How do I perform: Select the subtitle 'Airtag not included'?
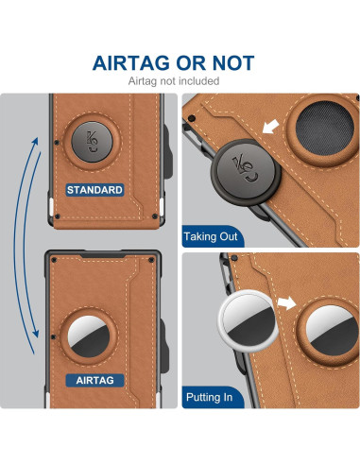click(180, 81)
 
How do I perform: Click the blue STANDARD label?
click(94, 190)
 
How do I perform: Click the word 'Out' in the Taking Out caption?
click(228, 236)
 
